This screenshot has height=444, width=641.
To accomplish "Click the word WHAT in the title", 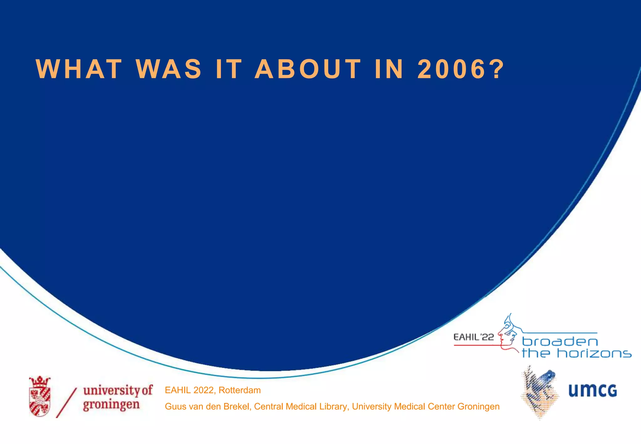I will point(79,69).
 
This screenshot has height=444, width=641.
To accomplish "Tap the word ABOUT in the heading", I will point(308,69).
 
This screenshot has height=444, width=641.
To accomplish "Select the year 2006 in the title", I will point(451,69).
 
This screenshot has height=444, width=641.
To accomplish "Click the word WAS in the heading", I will point(169,69).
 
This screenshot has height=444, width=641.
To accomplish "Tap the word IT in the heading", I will point(229,69).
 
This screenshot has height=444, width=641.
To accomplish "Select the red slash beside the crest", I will point(66,403).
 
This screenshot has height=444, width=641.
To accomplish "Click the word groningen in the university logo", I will point(111,405).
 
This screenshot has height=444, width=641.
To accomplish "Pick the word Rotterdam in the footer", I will point(239,390).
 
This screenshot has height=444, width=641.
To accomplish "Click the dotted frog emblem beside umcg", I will point(539,392).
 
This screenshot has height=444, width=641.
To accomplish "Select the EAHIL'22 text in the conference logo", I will point(474,337).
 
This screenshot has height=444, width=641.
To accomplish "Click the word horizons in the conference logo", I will point(594,354).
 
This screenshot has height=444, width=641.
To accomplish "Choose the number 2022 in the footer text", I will point(203,390).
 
